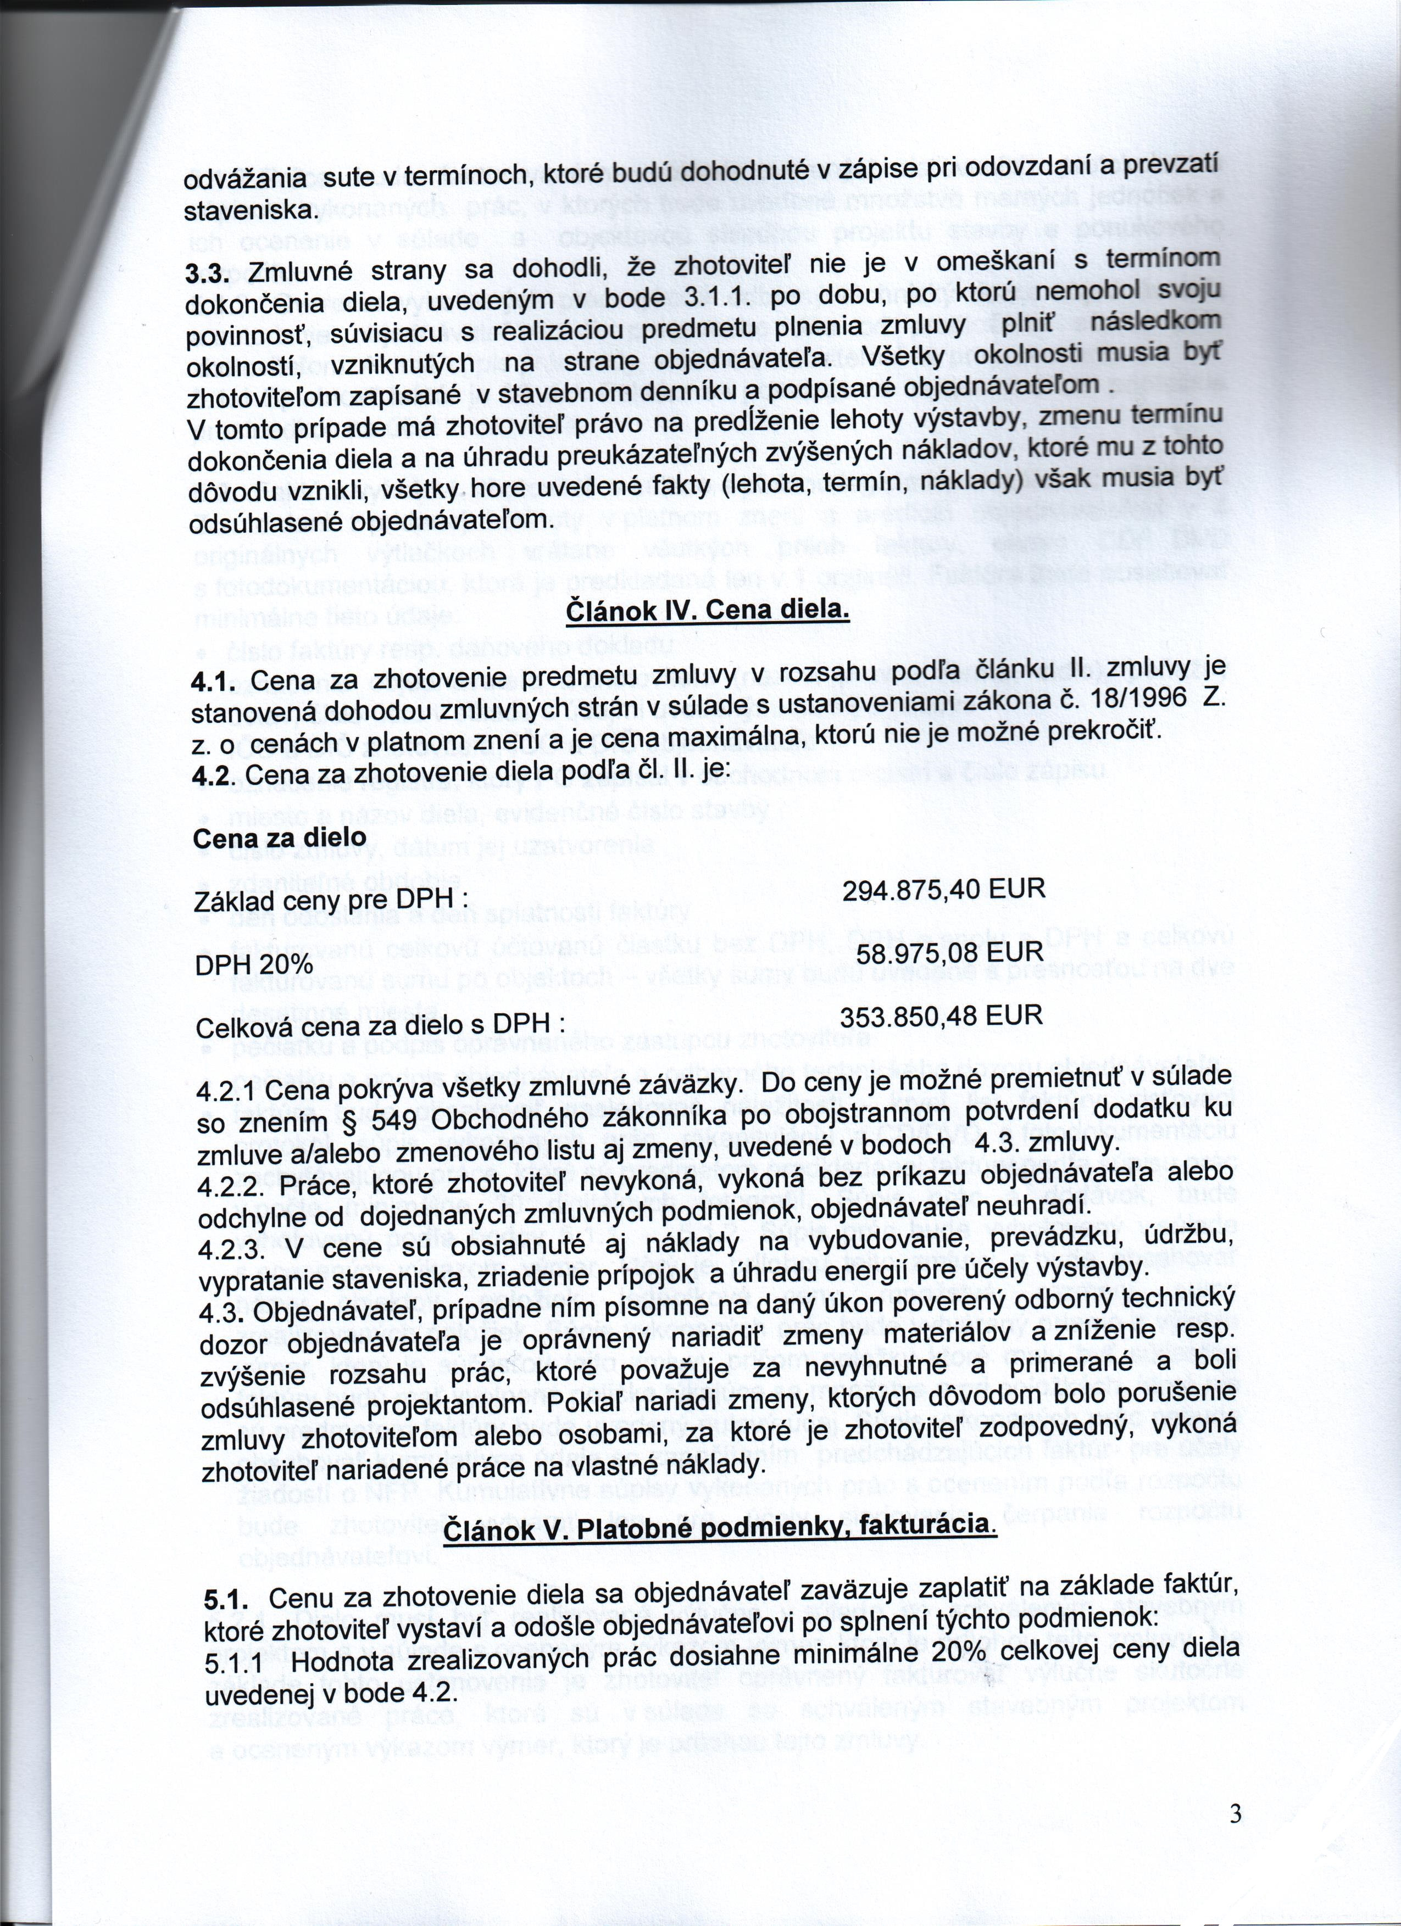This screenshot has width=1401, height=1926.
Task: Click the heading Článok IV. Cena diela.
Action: (707, 611)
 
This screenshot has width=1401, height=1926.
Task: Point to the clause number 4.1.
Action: (213, 683)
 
